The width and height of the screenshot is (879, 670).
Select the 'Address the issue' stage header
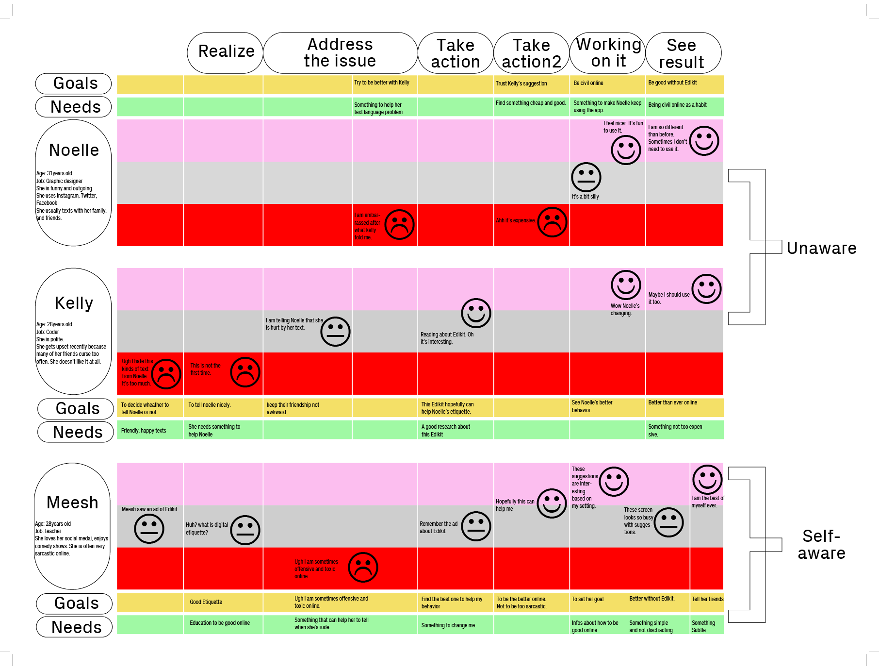pos(340,52)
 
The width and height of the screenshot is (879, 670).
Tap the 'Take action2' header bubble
pos(532,52)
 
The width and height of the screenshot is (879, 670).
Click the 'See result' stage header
pos(683,52)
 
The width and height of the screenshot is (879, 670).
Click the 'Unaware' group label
pos(822,248)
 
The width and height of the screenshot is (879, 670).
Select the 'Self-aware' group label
pos(822,545)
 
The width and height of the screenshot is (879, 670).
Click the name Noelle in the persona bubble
pos(74,150)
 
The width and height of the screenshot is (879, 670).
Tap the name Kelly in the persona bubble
pos(74,303)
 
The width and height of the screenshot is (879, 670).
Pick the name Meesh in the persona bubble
pos(72,502)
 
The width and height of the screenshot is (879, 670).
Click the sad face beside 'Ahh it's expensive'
pos(552,222)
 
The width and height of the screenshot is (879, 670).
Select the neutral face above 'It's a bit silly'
pos(586,177)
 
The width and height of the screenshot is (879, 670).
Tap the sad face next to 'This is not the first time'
pos(245,372)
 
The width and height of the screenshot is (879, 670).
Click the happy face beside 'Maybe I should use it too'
pos(706,289)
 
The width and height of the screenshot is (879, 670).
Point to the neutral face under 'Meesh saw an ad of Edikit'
pos(149,529)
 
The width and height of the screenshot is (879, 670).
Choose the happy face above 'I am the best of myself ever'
pos(707,480)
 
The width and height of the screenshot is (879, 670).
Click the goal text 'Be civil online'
pos(588,83)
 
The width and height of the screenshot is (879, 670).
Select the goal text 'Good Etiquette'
pos(206,602)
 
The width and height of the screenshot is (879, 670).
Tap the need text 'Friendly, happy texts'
pos(144,431)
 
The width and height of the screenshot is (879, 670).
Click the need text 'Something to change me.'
pos(449,625)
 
